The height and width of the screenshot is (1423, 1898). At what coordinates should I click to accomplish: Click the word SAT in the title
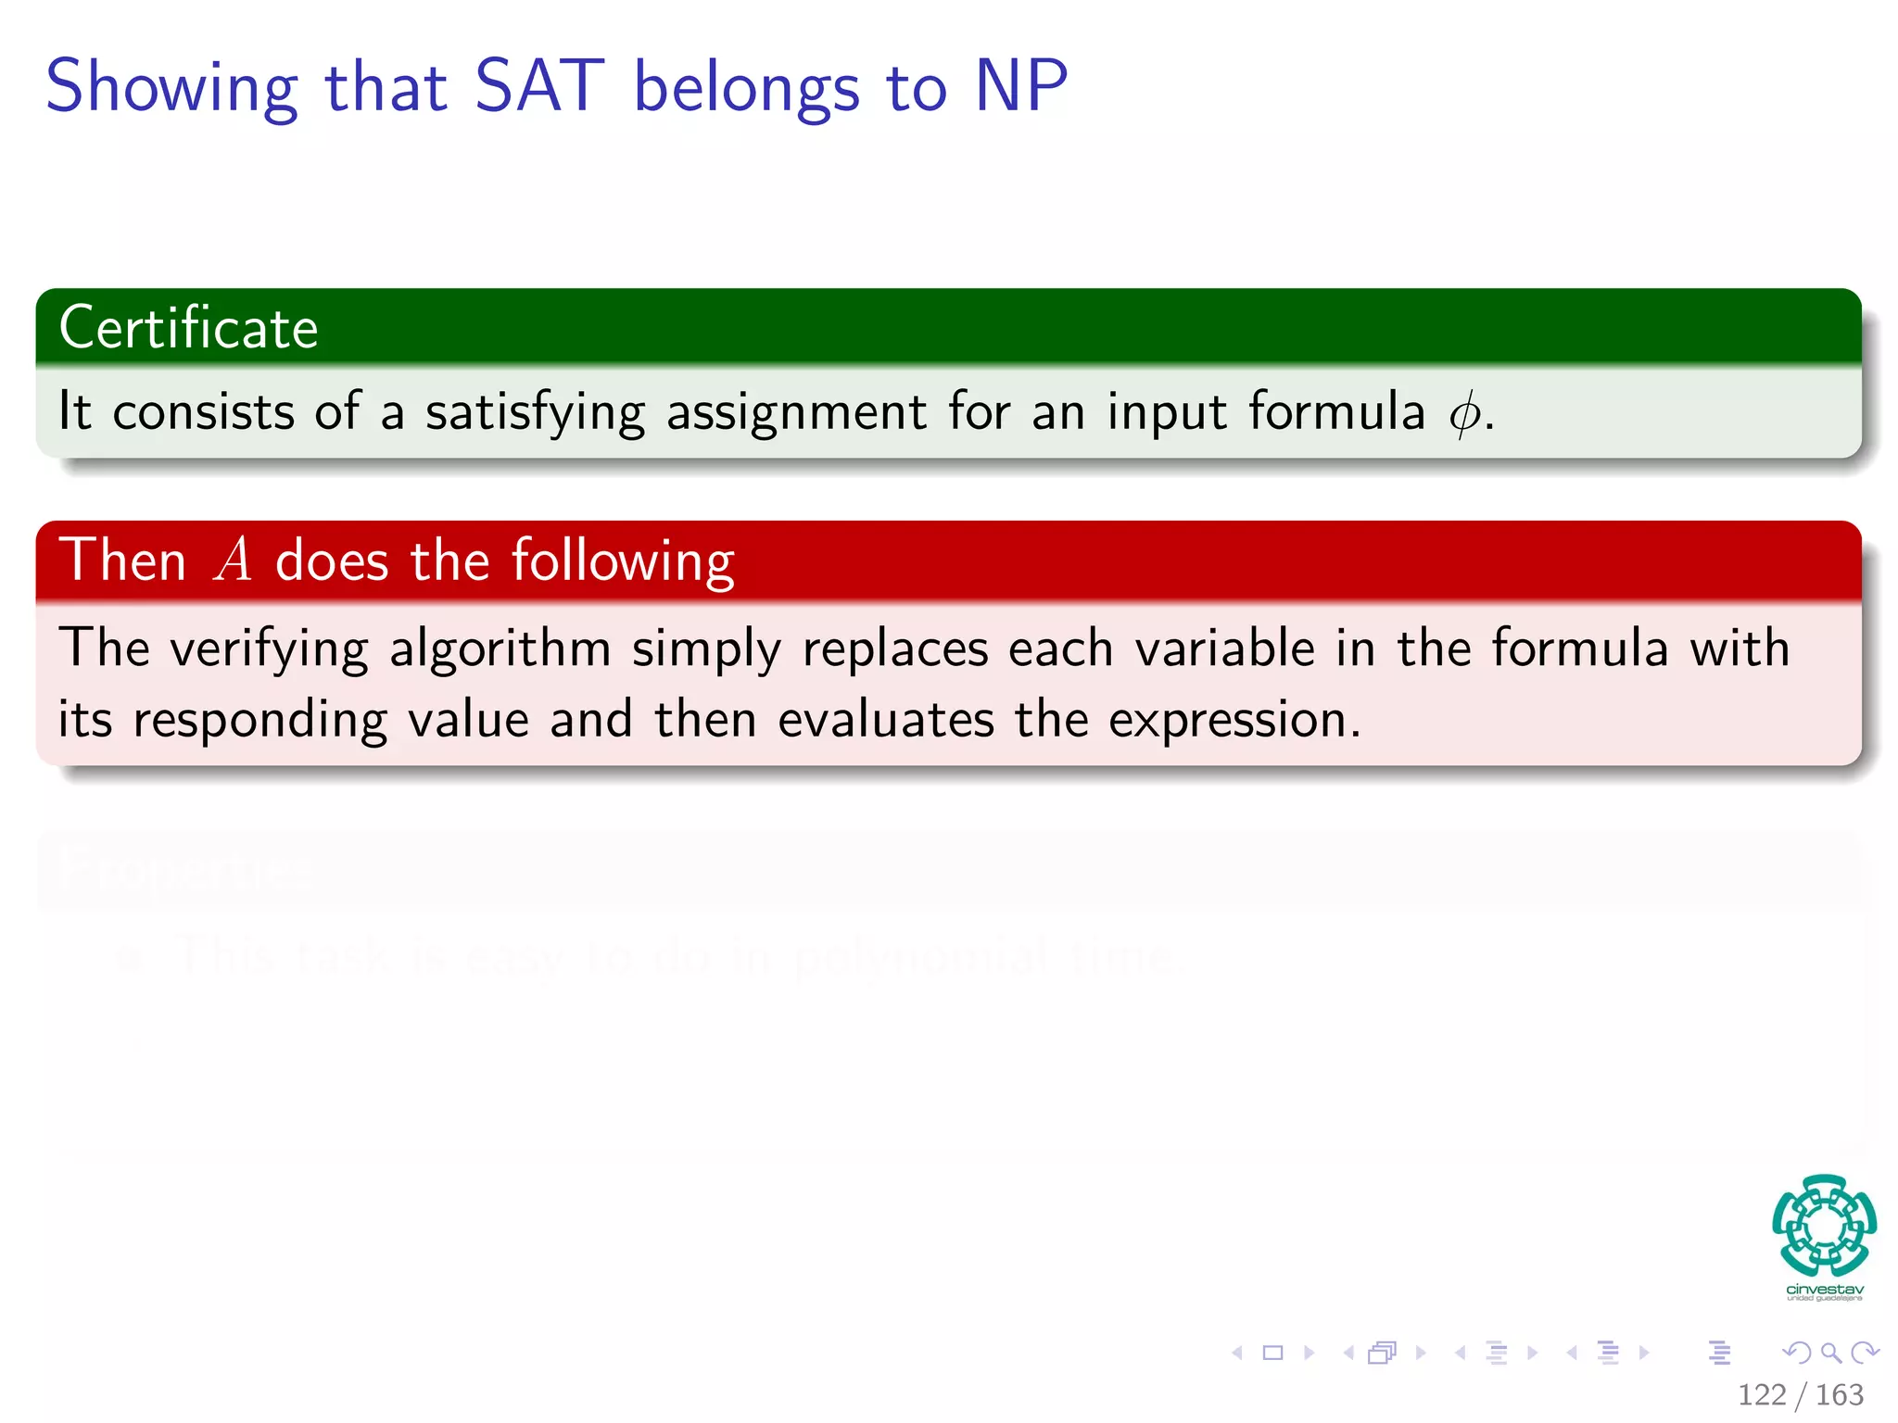tap(539, 86)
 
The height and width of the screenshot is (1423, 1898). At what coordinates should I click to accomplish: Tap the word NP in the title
tap(1021, 86)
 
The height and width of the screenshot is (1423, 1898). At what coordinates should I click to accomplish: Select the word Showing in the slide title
tap(171, 88)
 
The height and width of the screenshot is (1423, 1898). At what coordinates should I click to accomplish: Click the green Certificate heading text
tap(188, 328)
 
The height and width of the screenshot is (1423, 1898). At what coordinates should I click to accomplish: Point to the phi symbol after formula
tap(1464, 413)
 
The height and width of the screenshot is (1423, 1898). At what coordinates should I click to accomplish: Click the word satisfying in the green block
tap(535, 413)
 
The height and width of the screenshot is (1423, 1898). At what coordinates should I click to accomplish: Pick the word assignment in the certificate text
tap(796, 413)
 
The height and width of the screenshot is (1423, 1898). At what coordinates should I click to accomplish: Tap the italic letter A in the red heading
tap(233, 561)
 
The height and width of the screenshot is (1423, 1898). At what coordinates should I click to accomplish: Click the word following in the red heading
tap(623, 561)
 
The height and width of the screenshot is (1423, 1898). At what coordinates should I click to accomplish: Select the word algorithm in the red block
tap(500, 649)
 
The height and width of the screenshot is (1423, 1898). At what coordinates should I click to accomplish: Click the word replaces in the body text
tap(895, 649)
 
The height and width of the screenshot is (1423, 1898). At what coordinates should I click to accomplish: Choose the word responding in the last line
tap(259, 721)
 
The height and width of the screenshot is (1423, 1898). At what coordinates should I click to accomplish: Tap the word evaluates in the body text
tap(886, 721)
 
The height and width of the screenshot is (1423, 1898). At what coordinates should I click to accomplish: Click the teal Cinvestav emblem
tap(1824, 1225)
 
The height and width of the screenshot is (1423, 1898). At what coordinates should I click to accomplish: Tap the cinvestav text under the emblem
tap(1824, 1290)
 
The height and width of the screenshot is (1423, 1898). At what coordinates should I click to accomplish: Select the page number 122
tap(1762, 1395)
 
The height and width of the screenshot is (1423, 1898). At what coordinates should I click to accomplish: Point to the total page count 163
tap(1840, 1395)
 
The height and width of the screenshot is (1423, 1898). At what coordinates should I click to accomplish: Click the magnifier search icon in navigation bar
tap(1830, 1354)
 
